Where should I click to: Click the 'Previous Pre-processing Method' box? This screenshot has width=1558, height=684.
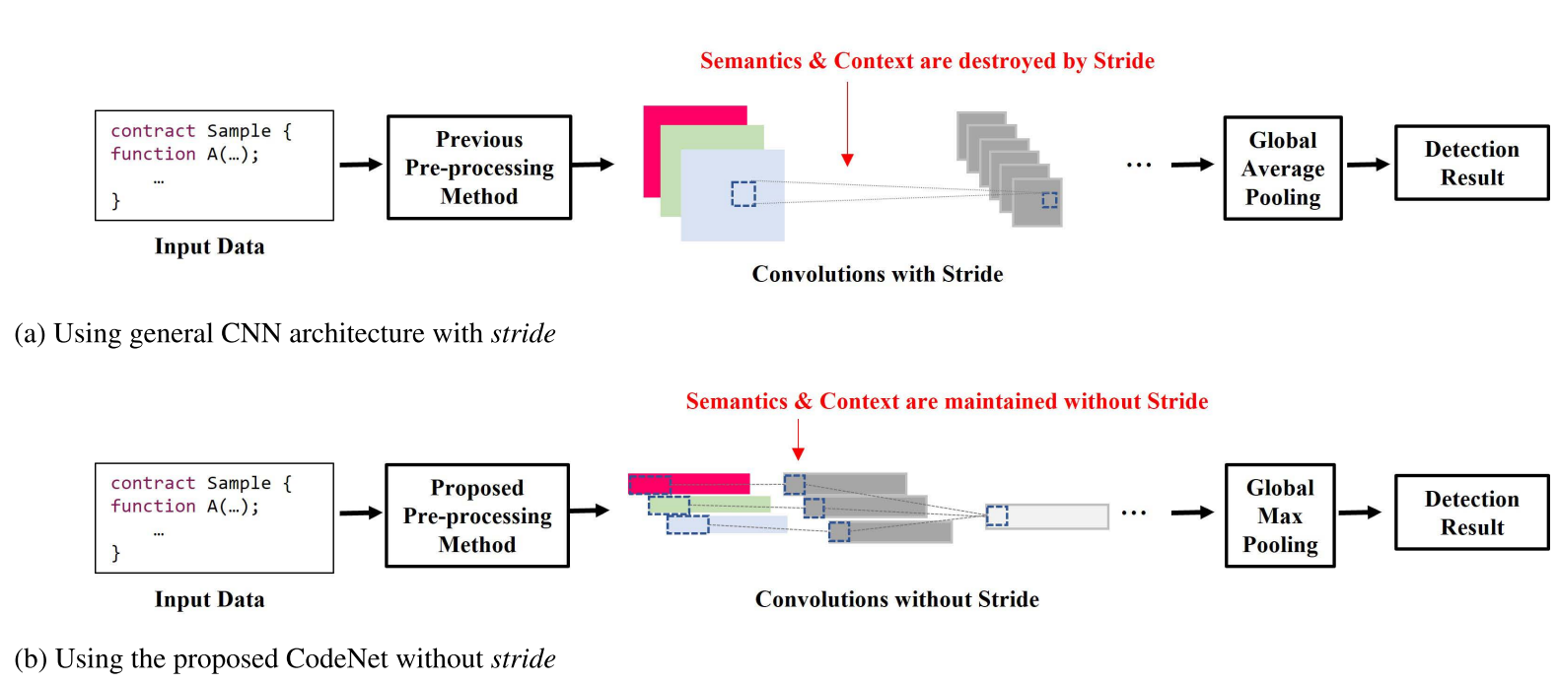point(479,168)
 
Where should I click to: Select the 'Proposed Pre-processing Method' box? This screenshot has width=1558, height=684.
point(477,515)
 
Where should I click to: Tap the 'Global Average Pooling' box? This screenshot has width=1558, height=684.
point(1282,169)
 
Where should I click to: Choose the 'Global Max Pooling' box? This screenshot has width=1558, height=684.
point(1280,515)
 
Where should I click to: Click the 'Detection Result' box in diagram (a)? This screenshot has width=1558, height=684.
point(1471,164)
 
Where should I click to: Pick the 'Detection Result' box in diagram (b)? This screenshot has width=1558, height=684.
point(1471,513)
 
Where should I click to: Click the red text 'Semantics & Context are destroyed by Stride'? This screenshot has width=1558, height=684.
point(927,61)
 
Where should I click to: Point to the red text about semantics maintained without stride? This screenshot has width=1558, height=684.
point(947,401)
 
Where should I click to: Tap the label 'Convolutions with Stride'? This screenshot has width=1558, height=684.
point(878,274)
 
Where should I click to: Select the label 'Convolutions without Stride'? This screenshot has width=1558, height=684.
point(896,599)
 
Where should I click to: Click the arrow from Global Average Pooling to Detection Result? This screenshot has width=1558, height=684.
point(1368,165)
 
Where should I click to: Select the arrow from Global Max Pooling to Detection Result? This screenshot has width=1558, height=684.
point(1359,513)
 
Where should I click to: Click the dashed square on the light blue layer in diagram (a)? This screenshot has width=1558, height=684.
point(744,193)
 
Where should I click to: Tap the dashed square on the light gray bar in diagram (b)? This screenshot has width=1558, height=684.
point(997,515)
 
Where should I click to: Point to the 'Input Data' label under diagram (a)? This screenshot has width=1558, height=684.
point(209,246)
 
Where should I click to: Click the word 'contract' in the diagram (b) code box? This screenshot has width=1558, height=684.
point(153,483)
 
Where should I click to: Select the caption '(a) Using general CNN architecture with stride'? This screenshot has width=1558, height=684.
point(285,333)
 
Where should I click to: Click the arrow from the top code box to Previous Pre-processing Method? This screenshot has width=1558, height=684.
point(360,165)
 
